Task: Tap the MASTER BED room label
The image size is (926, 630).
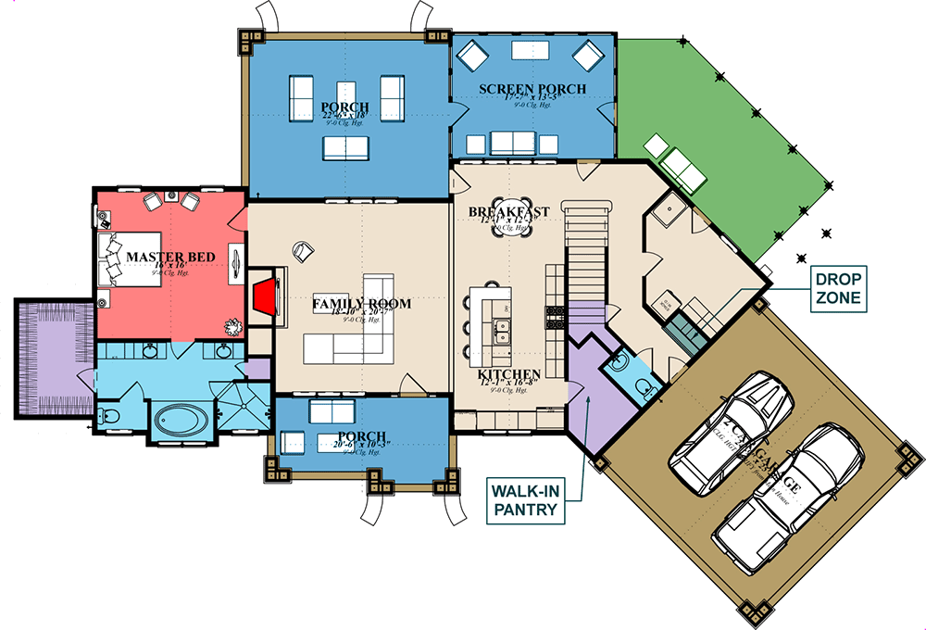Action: click(170, 257)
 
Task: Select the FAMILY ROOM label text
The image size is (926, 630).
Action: click(361, 303)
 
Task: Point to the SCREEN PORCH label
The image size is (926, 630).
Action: click(532, 90)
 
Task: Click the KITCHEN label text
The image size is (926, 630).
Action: click(509, 375)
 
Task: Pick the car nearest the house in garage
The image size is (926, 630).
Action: click(732, 431)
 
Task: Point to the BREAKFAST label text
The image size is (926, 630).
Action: click(508, 212)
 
